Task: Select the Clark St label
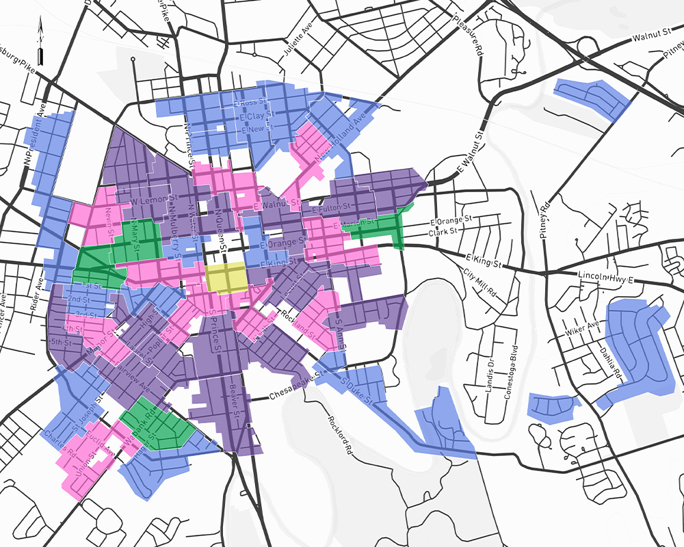coord(442,232)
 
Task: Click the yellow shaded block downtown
coord(226,277)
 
